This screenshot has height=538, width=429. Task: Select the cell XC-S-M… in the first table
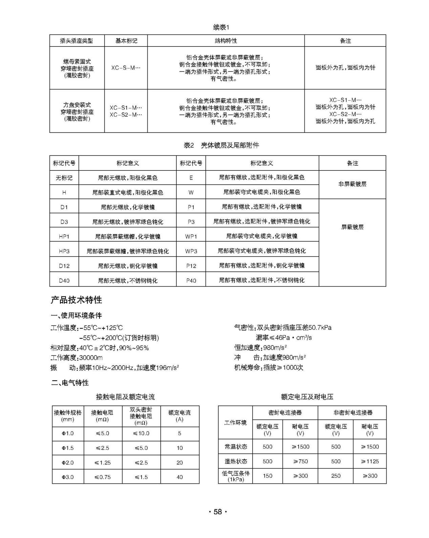(126, 68)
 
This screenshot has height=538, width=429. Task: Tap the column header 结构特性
(226, 41)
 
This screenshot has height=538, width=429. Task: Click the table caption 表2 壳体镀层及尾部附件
(221, 145)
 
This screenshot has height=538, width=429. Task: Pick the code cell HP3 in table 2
(64, 251)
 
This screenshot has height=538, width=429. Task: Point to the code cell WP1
(191, 236)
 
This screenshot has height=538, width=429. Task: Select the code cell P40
(191, 281)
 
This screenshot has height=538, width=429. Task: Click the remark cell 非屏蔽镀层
(352, 184)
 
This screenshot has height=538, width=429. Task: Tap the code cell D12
(64, 266)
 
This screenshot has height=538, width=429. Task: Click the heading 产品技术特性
(76, 300)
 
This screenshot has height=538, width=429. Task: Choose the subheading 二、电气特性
(70, 383)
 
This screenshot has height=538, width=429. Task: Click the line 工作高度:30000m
(77, 358)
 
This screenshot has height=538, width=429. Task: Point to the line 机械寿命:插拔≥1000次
(269, 368)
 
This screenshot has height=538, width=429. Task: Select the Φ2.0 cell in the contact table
(68, 462)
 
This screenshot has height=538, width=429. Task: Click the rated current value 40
(179, 477)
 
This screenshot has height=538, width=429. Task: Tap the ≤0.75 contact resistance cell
(103, 477)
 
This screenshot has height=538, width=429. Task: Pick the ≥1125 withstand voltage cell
(370, 461)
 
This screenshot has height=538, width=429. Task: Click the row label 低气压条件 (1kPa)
(235, 476)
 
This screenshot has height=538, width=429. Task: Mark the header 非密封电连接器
(352, 413)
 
